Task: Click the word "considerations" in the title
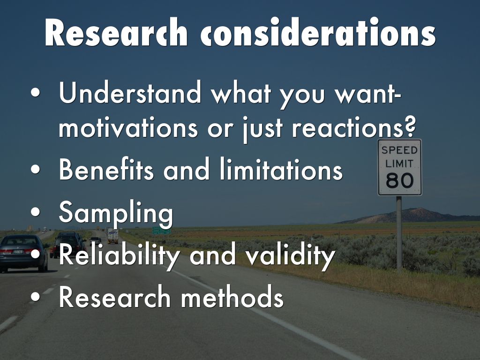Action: coord(318,32)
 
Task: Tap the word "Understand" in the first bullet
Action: coord(130,92)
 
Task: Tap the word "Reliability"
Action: coord(120,256)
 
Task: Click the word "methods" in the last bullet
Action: coord(232,296)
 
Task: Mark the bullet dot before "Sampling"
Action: coord(36,212)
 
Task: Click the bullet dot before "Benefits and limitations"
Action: coord(36,169)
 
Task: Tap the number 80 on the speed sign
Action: coord(399,180)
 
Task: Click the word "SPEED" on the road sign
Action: coord(399,150)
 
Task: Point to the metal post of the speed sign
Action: coord(399,232)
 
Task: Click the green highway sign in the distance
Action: coord(161,231)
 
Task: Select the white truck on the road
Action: coord(112,236)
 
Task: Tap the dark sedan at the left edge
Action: coord(22,253)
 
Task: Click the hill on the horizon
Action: coord(410,216)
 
